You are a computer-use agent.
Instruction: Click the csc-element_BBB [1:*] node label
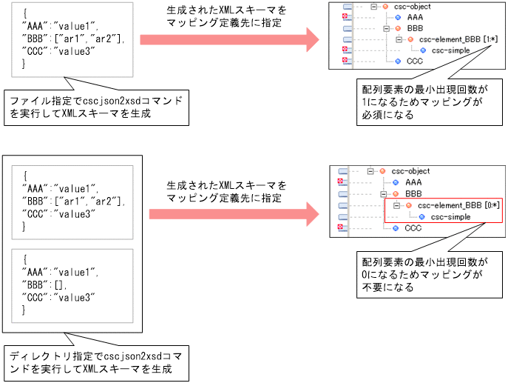pos(453,40)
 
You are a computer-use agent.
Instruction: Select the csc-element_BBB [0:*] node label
pos(452,205)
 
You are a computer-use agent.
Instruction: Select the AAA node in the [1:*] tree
pos(415,16)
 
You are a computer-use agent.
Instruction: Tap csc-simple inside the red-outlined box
pos(450,216)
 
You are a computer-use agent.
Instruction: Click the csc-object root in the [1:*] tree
pos(410,6)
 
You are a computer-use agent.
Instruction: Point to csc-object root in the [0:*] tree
pos(410,171)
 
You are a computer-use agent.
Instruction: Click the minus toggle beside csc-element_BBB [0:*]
pos(398,205)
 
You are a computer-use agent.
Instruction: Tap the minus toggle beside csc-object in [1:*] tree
pos(374,6)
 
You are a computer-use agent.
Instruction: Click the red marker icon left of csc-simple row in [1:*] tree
pos(345,50)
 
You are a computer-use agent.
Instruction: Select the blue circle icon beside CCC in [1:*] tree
pos(397,61)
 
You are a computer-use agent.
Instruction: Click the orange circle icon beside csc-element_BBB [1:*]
pos(410,40)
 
